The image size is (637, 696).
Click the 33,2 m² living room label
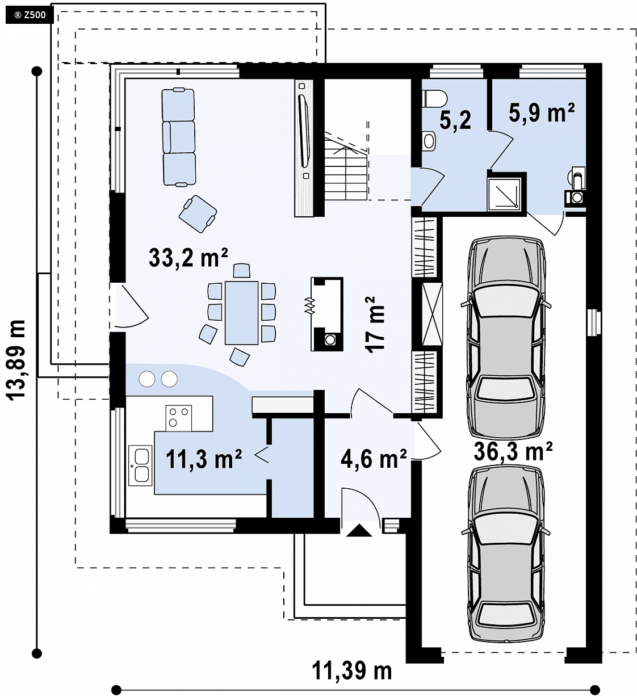(x=188, y=257)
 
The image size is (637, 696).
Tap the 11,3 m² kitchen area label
(x=204, y=459)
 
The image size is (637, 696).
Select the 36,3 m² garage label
(x=513, y=451)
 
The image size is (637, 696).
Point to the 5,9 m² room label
(x=542, y=112)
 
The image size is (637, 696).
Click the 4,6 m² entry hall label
(x=374, y=458)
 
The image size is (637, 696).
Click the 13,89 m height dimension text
(x=16, y=360)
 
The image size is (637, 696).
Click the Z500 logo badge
(x=30, y=15)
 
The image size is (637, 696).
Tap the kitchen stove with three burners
(x=179, y=418)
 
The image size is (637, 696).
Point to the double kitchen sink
(x=140, y=466)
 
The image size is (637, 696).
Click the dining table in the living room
(x=242, y=313)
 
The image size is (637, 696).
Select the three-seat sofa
(x=178, y=137)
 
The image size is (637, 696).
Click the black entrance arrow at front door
(x=359, y=530)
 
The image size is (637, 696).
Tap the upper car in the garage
(x=505, y=337)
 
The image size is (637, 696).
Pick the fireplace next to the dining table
(x=327, y=315)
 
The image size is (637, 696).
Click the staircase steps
(x=346, y=169)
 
